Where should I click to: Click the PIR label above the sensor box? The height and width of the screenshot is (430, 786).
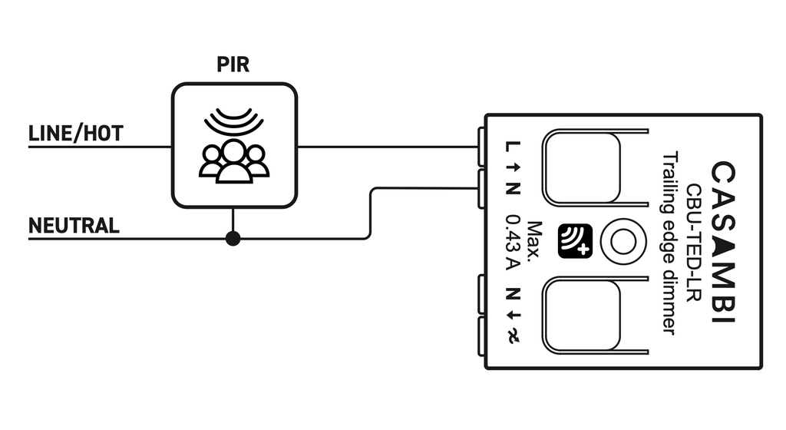[233, 64]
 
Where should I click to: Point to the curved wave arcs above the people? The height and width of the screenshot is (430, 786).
[233, 120]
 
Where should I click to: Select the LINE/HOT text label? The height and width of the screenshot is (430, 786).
[75, 134]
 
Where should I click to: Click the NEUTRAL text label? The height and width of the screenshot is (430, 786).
[74, 226]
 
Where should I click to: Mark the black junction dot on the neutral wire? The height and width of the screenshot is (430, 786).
[233, 239]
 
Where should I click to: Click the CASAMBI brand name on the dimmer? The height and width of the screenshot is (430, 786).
[722, 242]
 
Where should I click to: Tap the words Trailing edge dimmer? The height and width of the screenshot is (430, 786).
[668, 243]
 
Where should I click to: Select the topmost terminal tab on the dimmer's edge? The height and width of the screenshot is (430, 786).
[481, 145]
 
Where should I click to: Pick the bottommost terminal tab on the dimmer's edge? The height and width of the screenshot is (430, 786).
[481, 336]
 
